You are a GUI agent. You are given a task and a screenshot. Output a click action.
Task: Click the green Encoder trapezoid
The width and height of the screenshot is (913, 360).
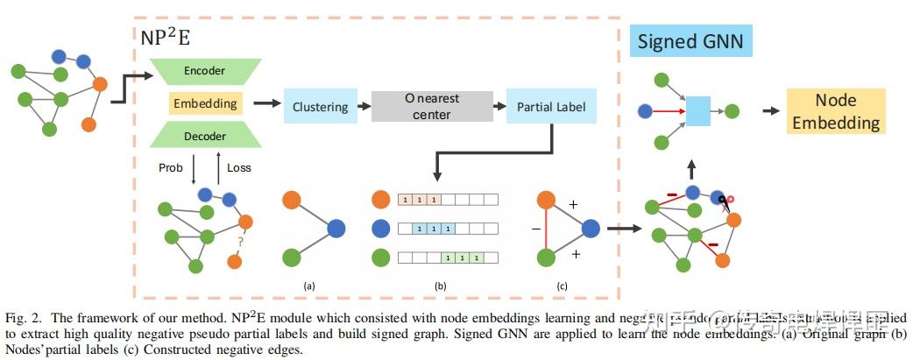[205, 70]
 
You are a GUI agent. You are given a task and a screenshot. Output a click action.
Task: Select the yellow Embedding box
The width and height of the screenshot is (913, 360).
[205, 103]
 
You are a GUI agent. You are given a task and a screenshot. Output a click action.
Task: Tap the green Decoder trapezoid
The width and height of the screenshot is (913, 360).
[205, 136]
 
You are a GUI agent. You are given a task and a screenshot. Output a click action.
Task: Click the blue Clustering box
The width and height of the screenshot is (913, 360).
[320, 107]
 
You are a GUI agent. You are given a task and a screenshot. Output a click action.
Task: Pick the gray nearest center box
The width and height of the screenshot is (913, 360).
[431, 106]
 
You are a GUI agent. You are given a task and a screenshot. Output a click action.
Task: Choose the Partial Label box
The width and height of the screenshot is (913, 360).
[551, 107]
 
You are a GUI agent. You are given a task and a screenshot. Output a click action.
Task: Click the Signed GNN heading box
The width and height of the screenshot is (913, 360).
[690, 41]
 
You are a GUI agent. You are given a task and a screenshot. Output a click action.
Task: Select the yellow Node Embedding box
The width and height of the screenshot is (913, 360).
[835, 111]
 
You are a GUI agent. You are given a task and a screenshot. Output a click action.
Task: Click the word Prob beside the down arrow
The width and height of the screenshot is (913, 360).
[171, 166]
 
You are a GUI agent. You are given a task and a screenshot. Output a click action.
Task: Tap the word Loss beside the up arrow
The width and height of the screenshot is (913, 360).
[239, 166]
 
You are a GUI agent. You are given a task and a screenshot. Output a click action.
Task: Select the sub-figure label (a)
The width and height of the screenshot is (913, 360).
[308, 286]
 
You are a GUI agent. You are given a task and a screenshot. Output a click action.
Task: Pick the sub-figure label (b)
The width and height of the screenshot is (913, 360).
[440, 286]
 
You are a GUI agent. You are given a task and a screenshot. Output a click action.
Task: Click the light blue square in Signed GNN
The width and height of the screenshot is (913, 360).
[697, 111]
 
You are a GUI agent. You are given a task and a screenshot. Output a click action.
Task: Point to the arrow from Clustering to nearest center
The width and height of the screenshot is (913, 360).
[362, 107]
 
